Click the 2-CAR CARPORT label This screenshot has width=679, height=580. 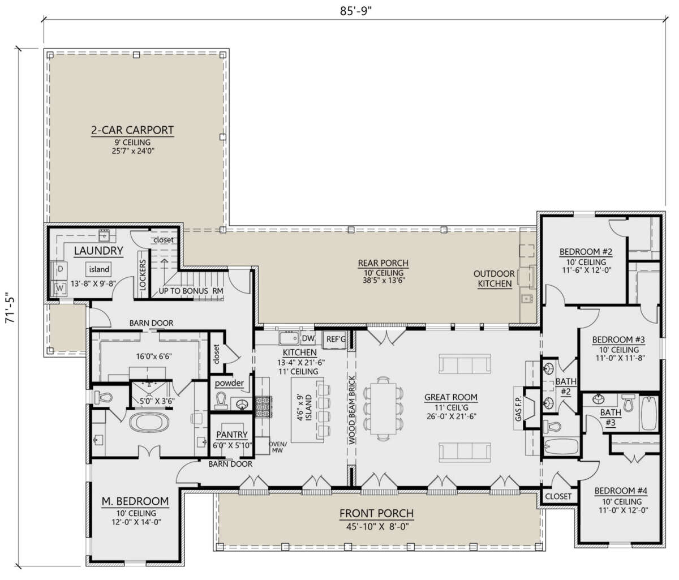(x=132, y=130)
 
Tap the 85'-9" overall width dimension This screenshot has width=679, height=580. (x=355, y=11)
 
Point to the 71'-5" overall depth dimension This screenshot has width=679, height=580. (x=11, y=307)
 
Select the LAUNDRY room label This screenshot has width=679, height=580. (x=98, y=251)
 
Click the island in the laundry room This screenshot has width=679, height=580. (x=99, y=269)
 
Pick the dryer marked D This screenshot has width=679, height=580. (x=61, y=269)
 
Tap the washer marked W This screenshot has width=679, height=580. (x=60, y=289)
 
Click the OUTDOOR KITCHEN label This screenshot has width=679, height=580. (x=494, y=279)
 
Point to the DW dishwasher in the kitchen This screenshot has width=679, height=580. (x=308, y=338)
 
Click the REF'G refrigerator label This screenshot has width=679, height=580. (x=336, y=339)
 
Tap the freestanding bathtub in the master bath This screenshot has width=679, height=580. (x=149, y=422)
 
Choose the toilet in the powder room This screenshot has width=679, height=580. (x=221, y=401)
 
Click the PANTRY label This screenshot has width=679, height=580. (x=232, y=435)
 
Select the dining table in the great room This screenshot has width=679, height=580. (x=384, y=409)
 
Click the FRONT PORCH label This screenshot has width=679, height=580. (x=376, y=513)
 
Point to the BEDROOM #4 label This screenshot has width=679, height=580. (x=621, y=491)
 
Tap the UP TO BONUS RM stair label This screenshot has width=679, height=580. (x=191, y=291)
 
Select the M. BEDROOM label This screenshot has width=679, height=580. (x=135, y=501)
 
